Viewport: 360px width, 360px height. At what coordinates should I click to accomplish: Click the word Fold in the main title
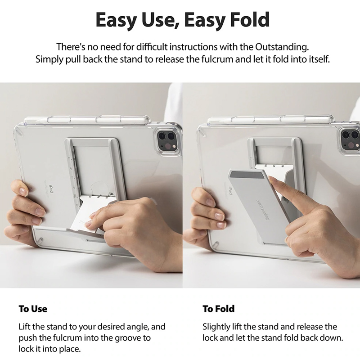[250, 20]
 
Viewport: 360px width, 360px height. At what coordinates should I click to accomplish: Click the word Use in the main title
[157, 20]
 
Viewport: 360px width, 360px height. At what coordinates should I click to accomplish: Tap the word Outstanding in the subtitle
[282, 47]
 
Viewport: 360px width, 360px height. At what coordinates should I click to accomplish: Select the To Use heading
[33, 309]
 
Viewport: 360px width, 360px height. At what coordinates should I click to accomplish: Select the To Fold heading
[219, 309]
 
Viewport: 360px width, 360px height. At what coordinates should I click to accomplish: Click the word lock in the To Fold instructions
[209, 338]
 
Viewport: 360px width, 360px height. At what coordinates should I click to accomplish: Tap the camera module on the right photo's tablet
[350, 141]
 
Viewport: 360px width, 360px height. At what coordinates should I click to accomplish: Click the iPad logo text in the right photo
[230, 191]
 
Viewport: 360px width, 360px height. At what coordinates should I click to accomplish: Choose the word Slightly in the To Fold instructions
[213, 327]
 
